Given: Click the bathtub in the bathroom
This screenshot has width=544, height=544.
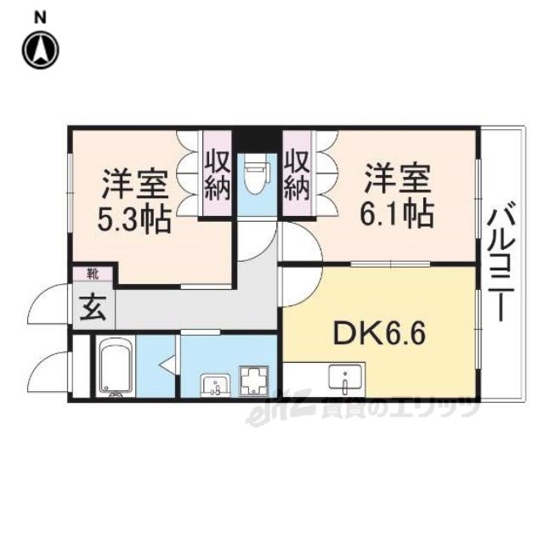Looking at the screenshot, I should click(x=115, y=366).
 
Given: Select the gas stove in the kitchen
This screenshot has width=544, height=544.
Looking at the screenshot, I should click(x=254, y=380).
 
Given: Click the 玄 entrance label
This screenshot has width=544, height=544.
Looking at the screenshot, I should click(x=93, y=308).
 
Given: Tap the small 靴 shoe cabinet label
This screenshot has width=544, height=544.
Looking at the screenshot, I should click(x=91, y=274).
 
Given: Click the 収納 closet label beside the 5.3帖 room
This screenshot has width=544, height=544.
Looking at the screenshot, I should click(x=217, y=173).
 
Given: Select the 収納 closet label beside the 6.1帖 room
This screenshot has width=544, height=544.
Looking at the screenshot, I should click(x=296, y=173).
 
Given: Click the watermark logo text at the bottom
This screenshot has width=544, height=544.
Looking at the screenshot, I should click(x=365, y=411).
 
